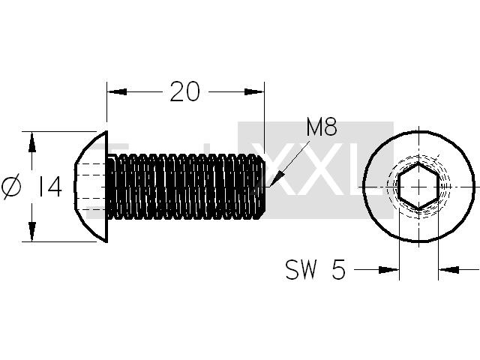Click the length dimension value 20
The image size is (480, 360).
[x=184, y=91]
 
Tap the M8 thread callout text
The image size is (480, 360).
[x=322, y=127]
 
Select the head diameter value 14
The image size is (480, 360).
[x=49, y=187]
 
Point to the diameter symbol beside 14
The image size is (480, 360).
[x=11, y=187]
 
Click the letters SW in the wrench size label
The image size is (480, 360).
[x=301, y=269]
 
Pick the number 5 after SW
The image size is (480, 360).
[x=338, y=269]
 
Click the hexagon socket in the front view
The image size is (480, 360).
[x=418, y=187]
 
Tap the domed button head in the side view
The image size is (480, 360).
[x=91, y=187]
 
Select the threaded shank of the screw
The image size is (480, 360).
[x=185, y=187]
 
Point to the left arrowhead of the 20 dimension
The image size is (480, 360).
[x=117, y=91]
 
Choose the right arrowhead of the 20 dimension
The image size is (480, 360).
[x=254, y=91]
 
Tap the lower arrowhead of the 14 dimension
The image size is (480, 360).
[x=31, y=232]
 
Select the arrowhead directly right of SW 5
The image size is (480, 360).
[x=388, y=270]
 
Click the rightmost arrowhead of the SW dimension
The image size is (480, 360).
[x=448, y=270]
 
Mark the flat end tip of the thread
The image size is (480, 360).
[x=264, y=187]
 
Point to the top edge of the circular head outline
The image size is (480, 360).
[x=418, y=132]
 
